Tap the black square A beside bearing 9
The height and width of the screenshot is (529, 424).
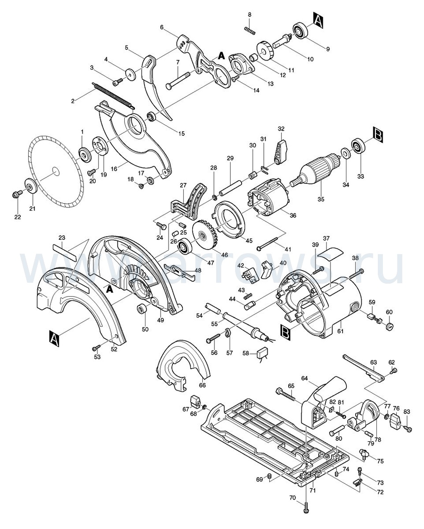319,19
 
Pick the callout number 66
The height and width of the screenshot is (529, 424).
202,385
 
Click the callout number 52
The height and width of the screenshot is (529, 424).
114,349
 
